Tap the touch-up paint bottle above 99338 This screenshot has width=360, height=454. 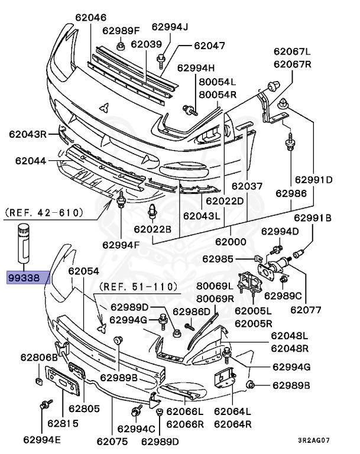pyautogui.click(x=24, y=243)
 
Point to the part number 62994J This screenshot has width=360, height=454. pyautogui.click(x=170, y=26)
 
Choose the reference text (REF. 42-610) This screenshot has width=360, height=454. pyautogui.click(x=44, y=212)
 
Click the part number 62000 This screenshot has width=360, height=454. pyautogui.click(x=230, y=241)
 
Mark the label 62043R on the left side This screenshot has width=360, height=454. pyautogui.click(x=27, y=134)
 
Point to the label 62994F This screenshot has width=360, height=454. pyautogui.click(x=121, y=244)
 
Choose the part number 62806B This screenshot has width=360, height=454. pyautogui.click(x=39, y=358)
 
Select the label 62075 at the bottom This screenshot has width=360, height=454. pyautogui.click(x=112, y=440)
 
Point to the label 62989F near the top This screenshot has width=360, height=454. pyautogui.click(x=121, y=30)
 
